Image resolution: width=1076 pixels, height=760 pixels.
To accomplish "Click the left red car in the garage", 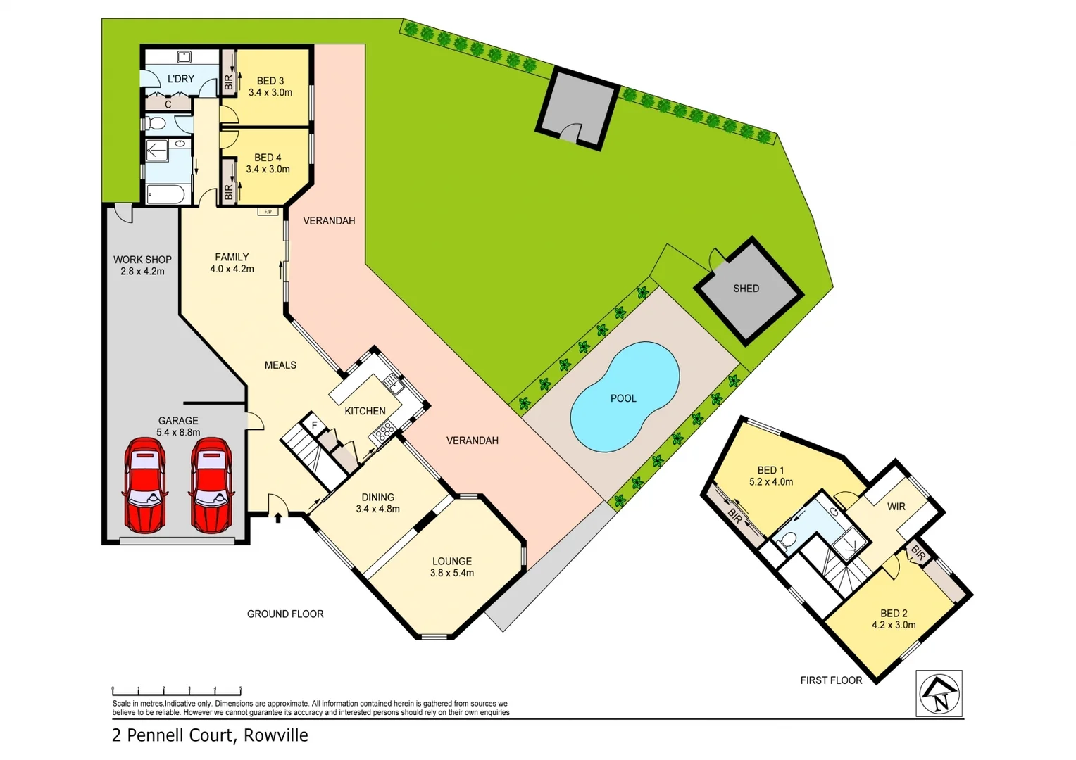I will (144, 486).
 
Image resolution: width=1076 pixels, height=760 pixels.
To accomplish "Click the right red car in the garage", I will (211, 486).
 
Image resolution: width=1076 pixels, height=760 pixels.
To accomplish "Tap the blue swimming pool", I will (623, 398).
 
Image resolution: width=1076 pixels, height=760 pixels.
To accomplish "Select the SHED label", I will (746, 289).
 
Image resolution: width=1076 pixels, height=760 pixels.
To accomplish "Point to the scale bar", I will (176, 690).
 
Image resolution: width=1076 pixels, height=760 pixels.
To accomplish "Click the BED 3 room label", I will (270, 81).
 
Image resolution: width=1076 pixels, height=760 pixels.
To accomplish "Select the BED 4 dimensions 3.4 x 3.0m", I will (268, 170).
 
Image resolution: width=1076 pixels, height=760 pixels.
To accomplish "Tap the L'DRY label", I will (180, 79).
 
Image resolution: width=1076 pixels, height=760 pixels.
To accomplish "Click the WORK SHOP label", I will (142, 260).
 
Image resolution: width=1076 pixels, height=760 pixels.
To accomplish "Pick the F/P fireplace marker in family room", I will (268, 212).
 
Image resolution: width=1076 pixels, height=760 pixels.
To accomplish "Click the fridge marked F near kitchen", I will (314, 425).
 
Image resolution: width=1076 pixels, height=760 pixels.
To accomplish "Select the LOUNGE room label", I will (451, 562).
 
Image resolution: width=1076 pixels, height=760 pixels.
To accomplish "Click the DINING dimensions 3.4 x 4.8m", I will (377, 509).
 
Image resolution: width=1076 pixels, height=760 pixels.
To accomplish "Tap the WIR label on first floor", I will (896, 507).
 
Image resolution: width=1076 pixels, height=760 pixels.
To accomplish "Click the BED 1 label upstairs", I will (770, 470).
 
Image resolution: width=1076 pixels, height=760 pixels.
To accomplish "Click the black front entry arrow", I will (278, 518).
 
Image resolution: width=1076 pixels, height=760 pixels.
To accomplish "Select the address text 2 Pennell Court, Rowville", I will (210, 735).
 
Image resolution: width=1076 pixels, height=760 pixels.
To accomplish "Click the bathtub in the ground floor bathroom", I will (166, 194).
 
